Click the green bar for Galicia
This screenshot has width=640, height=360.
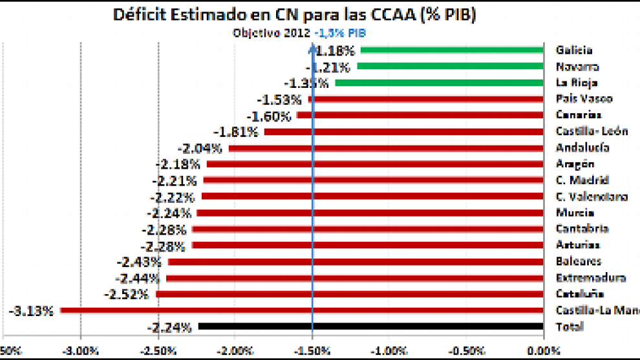pos(453,50)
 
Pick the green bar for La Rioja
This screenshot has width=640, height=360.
pos(440,83)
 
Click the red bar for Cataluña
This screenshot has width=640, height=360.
pos(350,294)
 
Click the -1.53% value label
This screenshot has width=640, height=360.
pos(279,100)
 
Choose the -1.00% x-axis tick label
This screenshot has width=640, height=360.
pos(389,351)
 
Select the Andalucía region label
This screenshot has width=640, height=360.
pos(582,148)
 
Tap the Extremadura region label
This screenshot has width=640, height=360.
pos(590,278)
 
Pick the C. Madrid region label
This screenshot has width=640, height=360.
pos(582,180)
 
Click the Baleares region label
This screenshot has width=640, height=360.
pos(578,262)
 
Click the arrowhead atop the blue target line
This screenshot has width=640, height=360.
pos(312,47)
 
